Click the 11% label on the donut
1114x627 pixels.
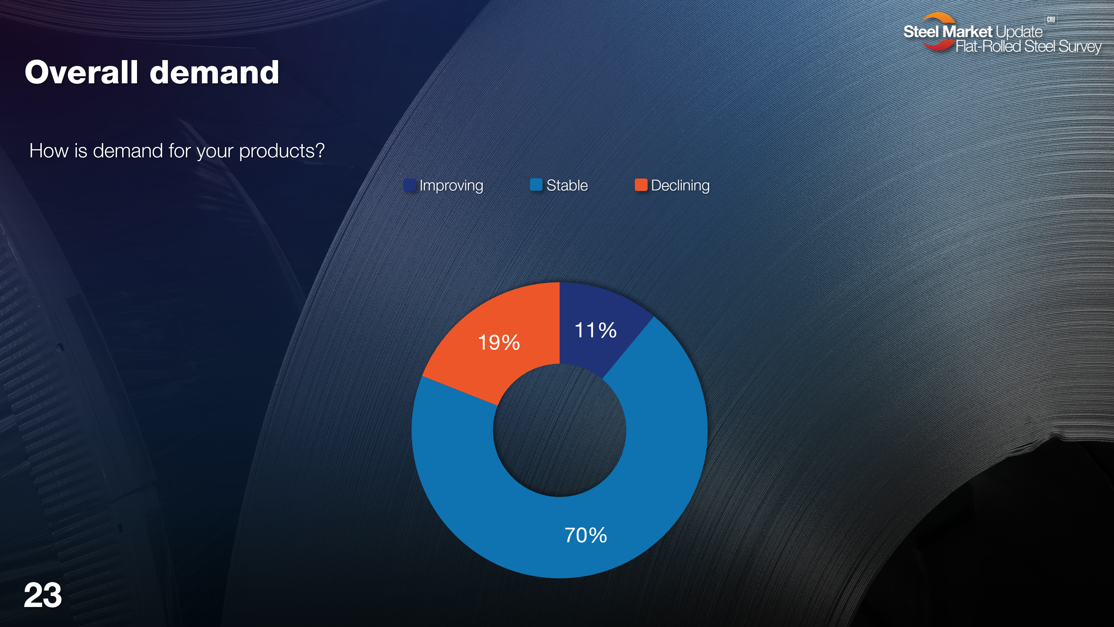(596, 330)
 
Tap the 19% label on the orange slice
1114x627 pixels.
(499, 343)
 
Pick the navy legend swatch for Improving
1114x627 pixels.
(410, 185)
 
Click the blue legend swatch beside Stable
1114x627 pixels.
(536, 185)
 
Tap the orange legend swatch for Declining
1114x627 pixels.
(641, 185)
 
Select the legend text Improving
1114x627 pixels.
(451, 185)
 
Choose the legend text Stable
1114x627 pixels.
(567, 185)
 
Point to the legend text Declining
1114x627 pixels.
(680, 185)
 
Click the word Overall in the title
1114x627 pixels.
(81, 72)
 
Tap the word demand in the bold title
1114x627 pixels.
(214, 72)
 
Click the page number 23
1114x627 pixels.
(43, 595)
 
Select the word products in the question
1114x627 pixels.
(282, 151)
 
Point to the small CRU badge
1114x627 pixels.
(1051, 19)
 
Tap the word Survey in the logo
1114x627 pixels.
(1080, 46)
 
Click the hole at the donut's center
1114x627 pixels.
(560, 430)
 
